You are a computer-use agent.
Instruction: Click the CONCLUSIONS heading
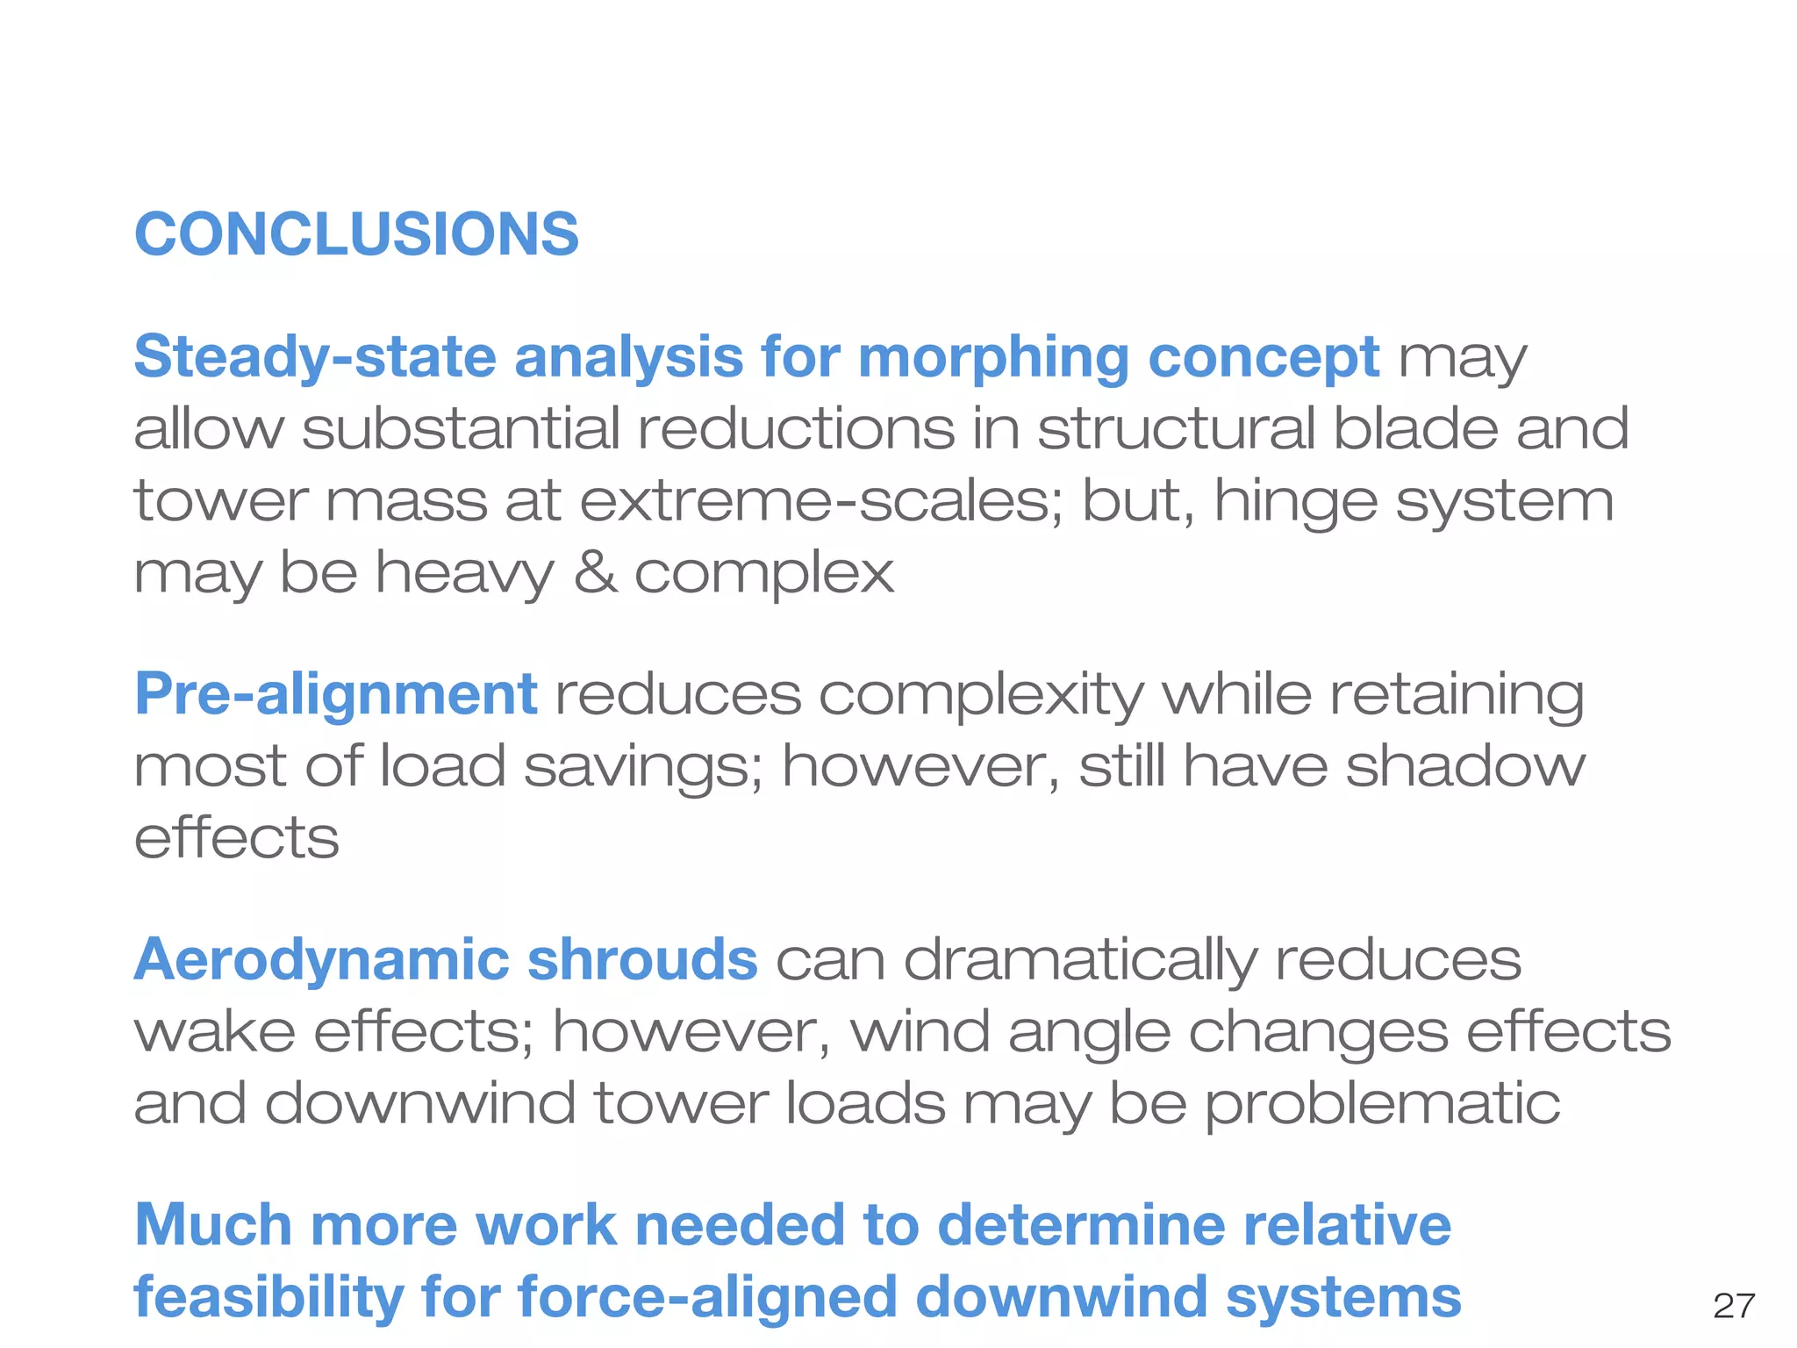click(356, 234)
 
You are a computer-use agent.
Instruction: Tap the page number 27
click(1734, 1306)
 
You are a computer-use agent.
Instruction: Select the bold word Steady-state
click(315, 357)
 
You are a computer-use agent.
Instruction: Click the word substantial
click(461, 429)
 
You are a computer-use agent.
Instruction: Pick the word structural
click(1176, 429)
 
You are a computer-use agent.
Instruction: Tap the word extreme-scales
click(820, 501)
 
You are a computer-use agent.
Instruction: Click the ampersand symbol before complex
click(596, 573)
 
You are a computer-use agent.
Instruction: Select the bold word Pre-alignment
click(335, 694)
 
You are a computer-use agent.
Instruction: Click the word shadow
click(1465, 766)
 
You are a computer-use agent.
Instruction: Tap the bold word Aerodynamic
click(320, 959)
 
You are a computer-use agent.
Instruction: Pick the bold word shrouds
click(641, 959)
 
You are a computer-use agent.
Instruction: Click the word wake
click(214, 1031)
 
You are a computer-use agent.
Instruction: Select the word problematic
click(1382, 1103)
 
